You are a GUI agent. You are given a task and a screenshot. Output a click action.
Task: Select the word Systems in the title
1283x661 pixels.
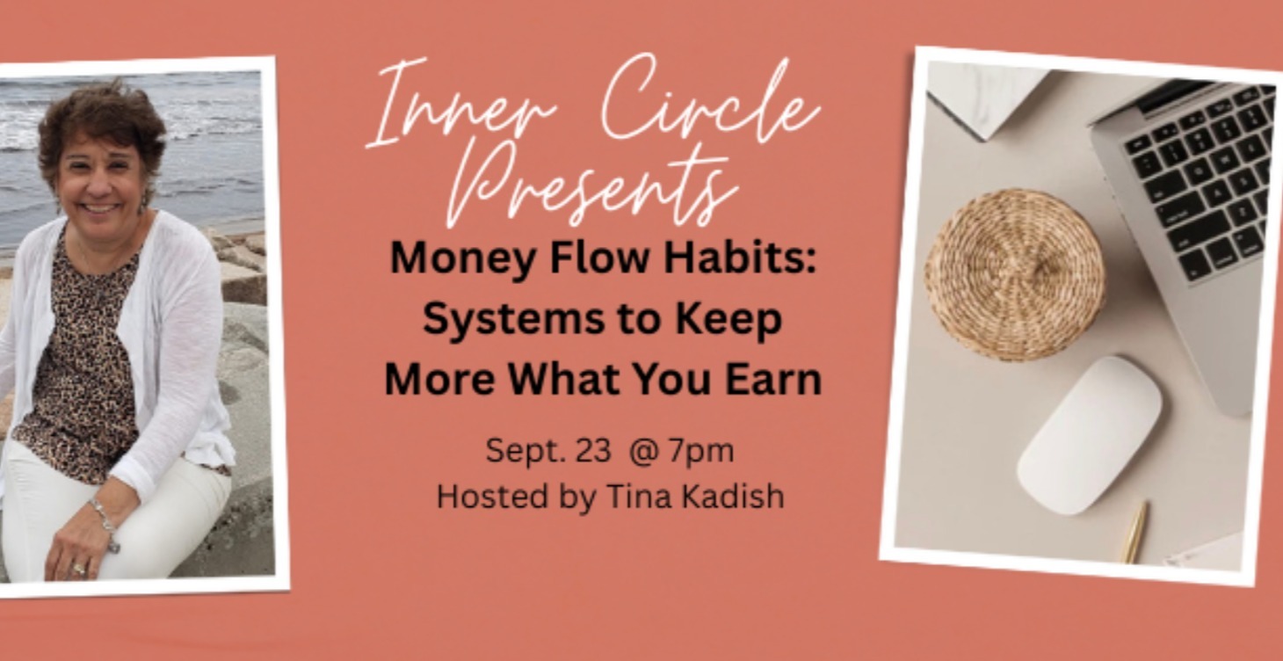pos(514,320)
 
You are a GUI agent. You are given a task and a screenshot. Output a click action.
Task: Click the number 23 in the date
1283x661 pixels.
pos(593,450)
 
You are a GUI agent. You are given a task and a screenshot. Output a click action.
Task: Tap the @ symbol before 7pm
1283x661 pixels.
pos(644,451)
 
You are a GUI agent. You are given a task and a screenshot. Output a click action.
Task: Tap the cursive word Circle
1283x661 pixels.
pos(710,103)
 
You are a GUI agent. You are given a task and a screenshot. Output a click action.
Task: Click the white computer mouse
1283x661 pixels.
pos(1090,435)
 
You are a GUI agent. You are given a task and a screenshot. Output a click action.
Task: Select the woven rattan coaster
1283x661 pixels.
pos(1013,275)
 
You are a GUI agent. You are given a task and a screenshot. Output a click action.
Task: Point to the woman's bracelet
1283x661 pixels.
pos(103,519)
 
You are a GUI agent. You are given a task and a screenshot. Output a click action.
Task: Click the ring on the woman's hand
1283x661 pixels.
pos(78,570)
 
